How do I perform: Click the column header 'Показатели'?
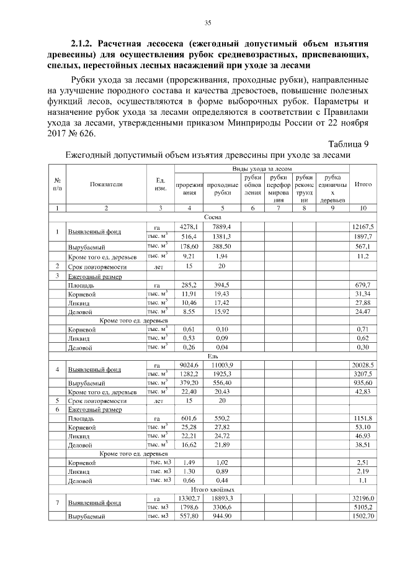coord(106,184)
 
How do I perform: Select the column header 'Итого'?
coord(362,184)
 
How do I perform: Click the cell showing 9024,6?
coord(188,366)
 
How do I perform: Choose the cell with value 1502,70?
coord(363,517)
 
